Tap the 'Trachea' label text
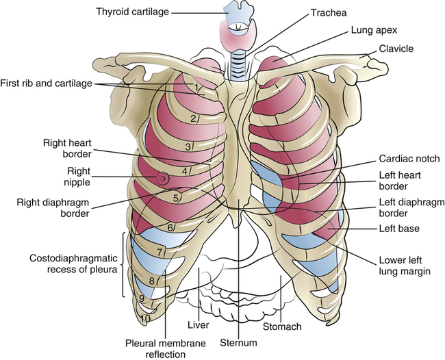(x=329, y=13)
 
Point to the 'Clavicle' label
(x=392, y=49)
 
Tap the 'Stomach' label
(x=281, y=326)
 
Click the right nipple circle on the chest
(x=163, y=178)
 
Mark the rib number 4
(x=186, y=170)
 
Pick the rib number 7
(x=160, y=253)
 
